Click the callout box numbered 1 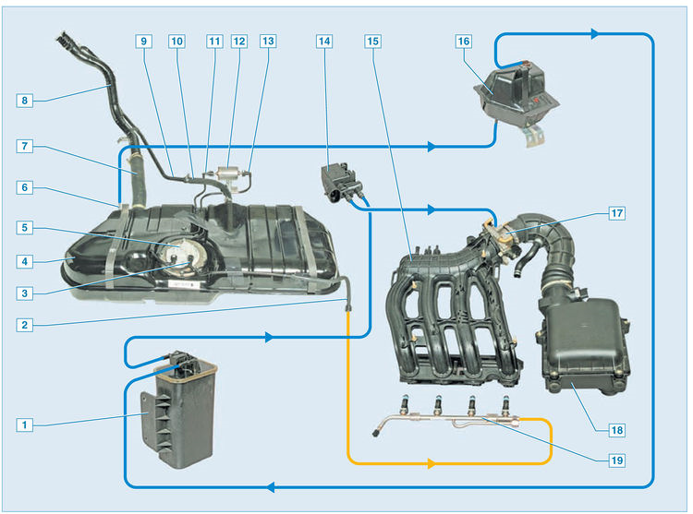pos(25,424)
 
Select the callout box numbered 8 pos(25,99)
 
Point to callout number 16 pos(463,42)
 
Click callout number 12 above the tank pos(239,42)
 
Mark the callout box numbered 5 pos(25,226)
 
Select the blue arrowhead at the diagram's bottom pos(268,485)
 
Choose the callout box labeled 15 pos(372,42)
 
